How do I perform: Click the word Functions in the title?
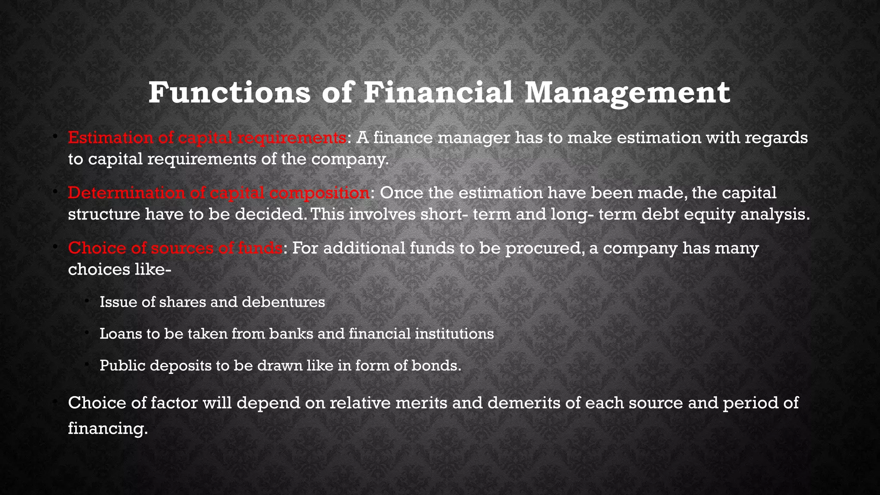(x=229, y=92)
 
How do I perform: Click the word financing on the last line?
(x=107, y=428)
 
